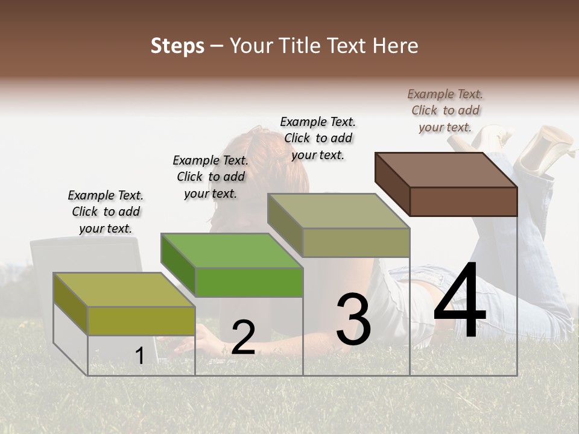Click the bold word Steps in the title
(177, 46)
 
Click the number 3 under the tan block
(353, 319)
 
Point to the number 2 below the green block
(243, 338)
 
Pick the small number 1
(140, 356)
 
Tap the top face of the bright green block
(232, 250)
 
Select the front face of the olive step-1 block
(141, 320)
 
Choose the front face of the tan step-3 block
(356, 242)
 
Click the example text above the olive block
(106, 212)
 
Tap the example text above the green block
(210, 177)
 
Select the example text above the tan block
(318, 138)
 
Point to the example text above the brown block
(445, 110)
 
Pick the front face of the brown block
(463, 201)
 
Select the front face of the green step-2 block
(248, 282)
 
